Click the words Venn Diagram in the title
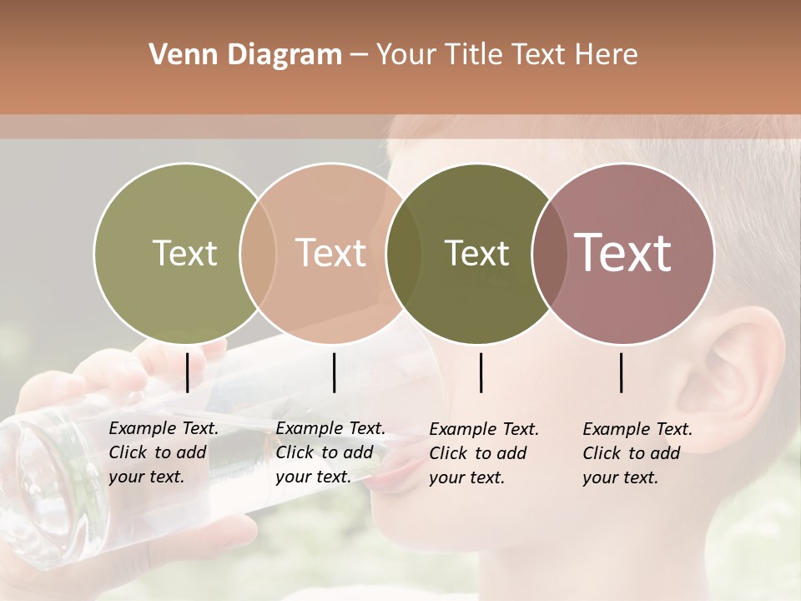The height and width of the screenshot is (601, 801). (x=245, y=55)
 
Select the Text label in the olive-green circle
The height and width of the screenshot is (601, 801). (x=184, y=253)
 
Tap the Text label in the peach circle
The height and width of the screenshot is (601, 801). (x=331, y=253)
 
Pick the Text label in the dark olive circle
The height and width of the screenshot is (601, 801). (x=476, y=253)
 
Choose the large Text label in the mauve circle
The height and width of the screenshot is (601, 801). (x=623, y=252)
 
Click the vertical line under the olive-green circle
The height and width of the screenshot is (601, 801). (x=187, y=372)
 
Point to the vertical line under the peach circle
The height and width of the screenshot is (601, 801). (x=334, y=372)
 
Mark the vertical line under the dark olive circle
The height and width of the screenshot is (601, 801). (x=481, y=372)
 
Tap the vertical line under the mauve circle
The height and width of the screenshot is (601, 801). (x=622, y=372)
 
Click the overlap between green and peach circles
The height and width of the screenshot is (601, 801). (x=258, y=253)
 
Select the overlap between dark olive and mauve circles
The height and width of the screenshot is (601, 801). (x=547, y=253)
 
